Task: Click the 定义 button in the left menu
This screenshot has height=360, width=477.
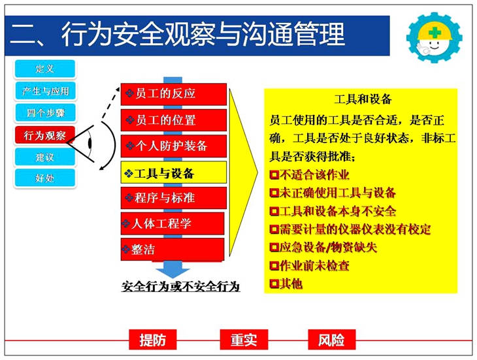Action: [44, 69]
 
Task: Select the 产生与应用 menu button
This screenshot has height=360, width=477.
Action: [44, 91]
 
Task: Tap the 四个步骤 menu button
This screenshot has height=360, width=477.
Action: [44, 113]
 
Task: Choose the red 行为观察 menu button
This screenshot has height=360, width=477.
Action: [44, 135]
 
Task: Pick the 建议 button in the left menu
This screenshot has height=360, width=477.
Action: [44, 157]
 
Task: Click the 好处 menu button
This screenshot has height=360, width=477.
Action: [44, 178]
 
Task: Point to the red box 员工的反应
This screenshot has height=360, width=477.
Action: [174, 94]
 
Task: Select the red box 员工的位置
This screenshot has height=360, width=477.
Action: [174, 120]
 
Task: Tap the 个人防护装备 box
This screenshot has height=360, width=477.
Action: [174, 146]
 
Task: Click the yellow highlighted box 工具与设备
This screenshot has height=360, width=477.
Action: [174, 172]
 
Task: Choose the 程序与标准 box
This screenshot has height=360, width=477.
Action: [174, 198]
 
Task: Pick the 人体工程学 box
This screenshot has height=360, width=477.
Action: [173, 223]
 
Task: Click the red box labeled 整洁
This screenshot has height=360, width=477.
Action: [173, 250]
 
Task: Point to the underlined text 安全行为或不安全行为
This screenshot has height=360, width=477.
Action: [181, 286]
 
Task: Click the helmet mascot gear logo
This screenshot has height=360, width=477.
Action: [435, 37]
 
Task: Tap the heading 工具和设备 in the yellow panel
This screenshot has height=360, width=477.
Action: [363, 99]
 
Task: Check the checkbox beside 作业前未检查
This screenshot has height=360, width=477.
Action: [274, 266]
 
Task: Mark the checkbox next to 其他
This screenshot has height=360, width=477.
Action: [274, 284]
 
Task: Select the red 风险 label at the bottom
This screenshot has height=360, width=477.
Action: [331, 340]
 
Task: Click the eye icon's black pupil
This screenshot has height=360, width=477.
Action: [90, 143]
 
